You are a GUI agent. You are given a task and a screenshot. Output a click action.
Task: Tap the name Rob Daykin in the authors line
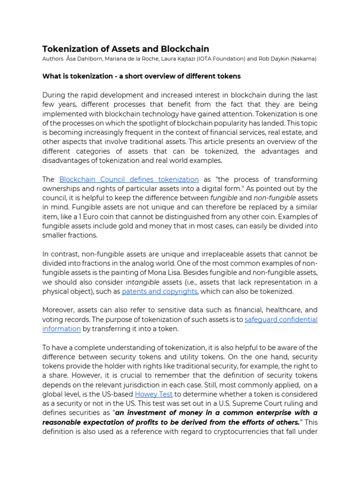coord(271,59)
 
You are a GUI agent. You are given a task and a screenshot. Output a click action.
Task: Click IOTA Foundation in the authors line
coord(221,59)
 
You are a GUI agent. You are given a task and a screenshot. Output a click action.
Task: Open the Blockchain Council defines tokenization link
coord(129,179)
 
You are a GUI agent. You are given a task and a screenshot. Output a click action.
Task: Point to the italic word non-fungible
coord(273,198)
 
